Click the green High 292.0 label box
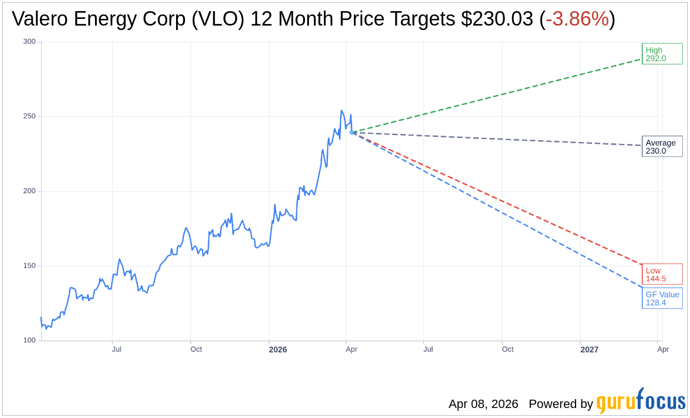(662, 54)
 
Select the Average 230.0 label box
(662, 146)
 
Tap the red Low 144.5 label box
(662, 274)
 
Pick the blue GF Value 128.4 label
(662, 298)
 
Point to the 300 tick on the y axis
(29, 42)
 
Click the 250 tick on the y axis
(29, 116)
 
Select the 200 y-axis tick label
(29, 191)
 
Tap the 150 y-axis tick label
(29, 265)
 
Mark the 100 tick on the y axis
(29, 340)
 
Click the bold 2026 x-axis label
(278, 350)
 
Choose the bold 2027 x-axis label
(589, 350)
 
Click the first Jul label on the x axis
(117, 350)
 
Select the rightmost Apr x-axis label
(663, 350)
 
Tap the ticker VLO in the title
(224, 19)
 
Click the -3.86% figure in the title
(577, 19)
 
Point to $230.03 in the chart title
(497, 19)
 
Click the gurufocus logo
(641, 401)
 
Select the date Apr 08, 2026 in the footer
(483, 404)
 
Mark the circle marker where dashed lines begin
(352, 132)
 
